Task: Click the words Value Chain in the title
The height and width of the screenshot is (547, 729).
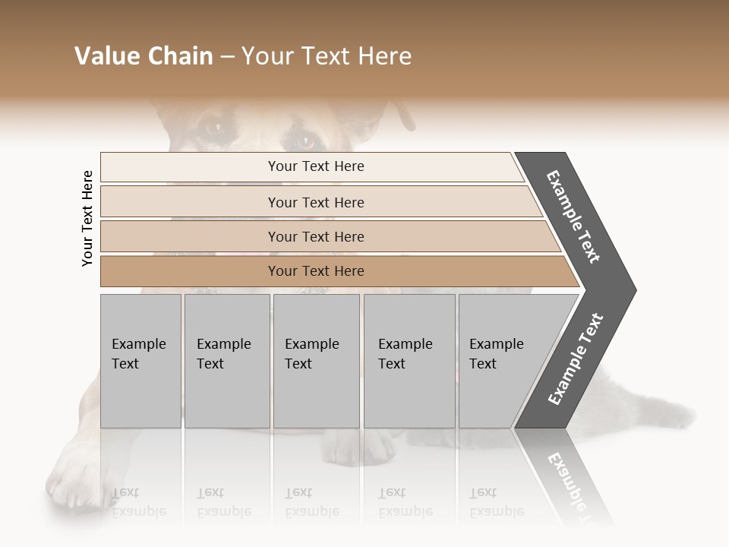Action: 144,56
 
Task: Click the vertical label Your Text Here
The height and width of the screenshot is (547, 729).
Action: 87,218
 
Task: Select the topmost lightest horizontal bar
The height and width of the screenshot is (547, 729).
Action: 316,166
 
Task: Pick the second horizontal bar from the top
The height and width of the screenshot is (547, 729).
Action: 316,202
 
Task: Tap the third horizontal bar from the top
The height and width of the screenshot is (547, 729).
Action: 316,236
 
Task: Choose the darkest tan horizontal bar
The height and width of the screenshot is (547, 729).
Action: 316,271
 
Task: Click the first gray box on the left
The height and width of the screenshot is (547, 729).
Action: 140,360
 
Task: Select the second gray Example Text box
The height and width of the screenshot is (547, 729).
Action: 227,360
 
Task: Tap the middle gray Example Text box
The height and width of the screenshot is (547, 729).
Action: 316,360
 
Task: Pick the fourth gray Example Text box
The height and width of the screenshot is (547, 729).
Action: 409,360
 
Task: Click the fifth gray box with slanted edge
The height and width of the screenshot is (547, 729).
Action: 505,360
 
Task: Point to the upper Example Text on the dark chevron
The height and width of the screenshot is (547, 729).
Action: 573,217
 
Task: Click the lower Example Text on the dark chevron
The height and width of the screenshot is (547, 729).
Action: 575,359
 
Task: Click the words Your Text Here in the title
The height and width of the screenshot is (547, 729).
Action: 327,56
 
